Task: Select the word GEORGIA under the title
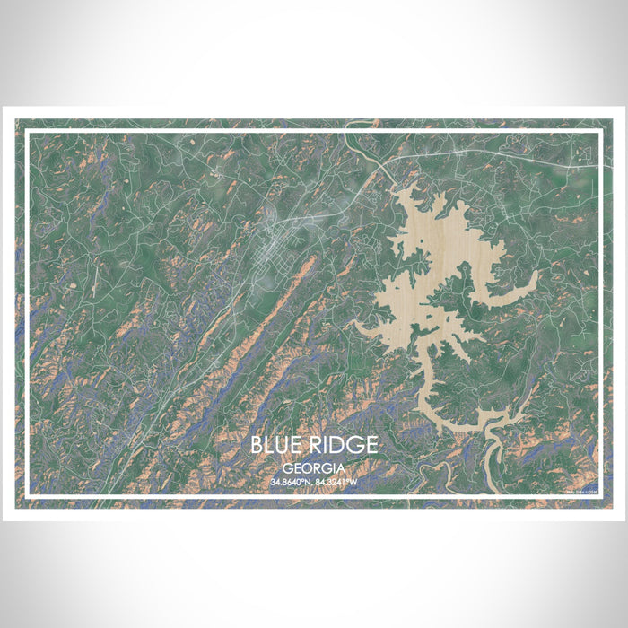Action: (314, 468)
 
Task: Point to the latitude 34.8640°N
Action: (291, 483)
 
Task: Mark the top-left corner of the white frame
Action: (27, 131)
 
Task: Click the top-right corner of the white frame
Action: (599, 131)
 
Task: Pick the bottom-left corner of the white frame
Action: (27, 495)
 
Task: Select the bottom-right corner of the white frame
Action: (599, 495)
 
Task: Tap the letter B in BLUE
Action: (256, 445)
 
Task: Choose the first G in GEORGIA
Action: (286, 468)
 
